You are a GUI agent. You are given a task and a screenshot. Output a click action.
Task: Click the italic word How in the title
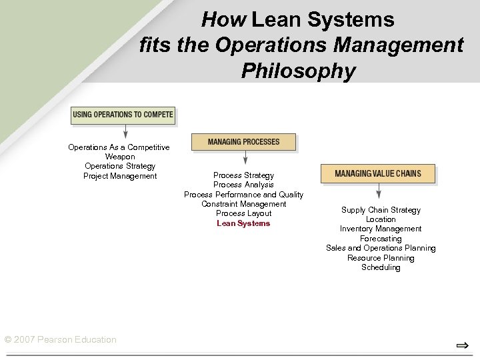coord(225,20)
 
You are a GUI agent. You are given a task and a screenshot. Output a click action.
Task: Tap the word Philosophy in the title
coord(299,70)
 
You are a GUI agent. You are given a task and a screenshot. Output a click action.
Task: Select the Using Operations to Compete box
coord(123,115)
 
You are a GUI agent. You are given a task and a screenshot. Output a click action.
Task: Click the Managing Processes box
coord(243,142)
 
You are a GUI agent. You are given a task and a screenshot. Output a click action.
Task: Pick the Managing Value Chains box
coord(378,173)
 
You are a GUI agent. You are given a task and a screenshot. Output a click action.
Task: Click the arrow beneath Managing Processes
coord(245,158)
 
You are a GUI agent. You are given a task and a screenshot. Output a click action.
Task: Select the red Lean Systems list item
coord(243,223)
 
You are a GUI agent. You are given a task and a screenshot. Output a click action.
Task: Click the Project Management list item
coord(120,176)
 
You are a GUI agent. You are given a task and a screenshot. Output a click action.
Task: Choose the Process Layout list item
coord(243,213)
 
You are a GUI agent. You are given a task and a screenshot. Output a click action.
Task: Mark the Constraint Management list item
coord(243,204)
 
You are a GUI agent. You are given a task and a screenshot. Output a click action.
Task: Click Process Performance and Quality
coord(243,195)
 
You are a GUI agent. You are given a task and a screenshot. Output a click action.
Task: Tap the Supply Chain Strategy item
coord(381,210)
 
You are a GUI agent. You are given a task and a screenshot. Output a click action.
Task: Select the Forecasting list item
coord(381,239)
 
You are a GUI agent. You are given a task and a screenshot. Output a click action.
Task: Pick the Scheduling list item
coord(381,267)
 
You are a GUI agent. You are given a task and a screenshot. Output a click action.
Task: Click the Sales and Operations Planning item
coord(381,248)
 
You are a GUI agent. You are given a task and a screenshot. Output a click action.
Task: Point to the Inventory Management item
coord(381,229)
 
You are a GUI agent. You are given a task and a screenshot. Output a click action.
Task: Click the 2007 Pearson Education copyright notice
coord(60,340)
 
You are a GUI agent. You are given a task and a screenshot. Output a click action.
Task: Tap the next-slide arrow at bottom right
coord(461,345)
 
